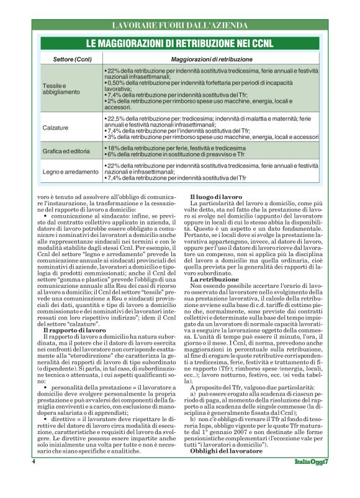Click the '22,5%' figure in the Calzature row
click(117, 117)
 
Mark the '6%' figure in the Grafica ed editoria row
click(112, 154)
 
